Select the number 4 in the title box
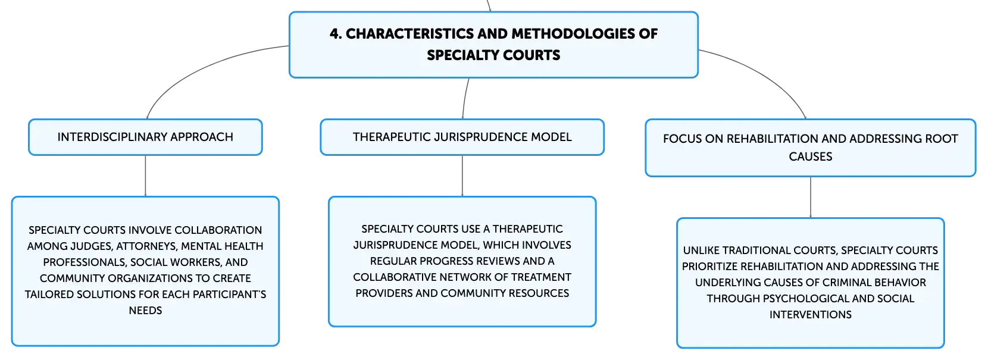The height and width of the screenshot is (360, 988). coord(335,33)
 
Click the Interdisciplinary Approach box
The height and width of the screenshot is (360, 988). coord(146,137)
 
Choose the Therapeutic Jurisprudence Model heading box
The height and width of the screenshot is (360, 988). coord(462,137)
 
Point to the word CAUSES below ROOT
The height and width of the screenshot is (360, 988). coord(811,156)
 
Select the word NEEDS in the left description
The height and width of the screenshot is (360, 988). coord(146,311)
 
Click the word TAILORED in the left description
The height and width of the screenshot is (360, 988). coord(49,295)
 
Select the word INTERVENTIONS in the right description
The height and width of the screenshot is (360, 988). coord(811,315)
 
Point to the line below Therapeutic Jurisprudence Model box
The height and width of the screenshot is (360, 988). coord(462,176)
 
